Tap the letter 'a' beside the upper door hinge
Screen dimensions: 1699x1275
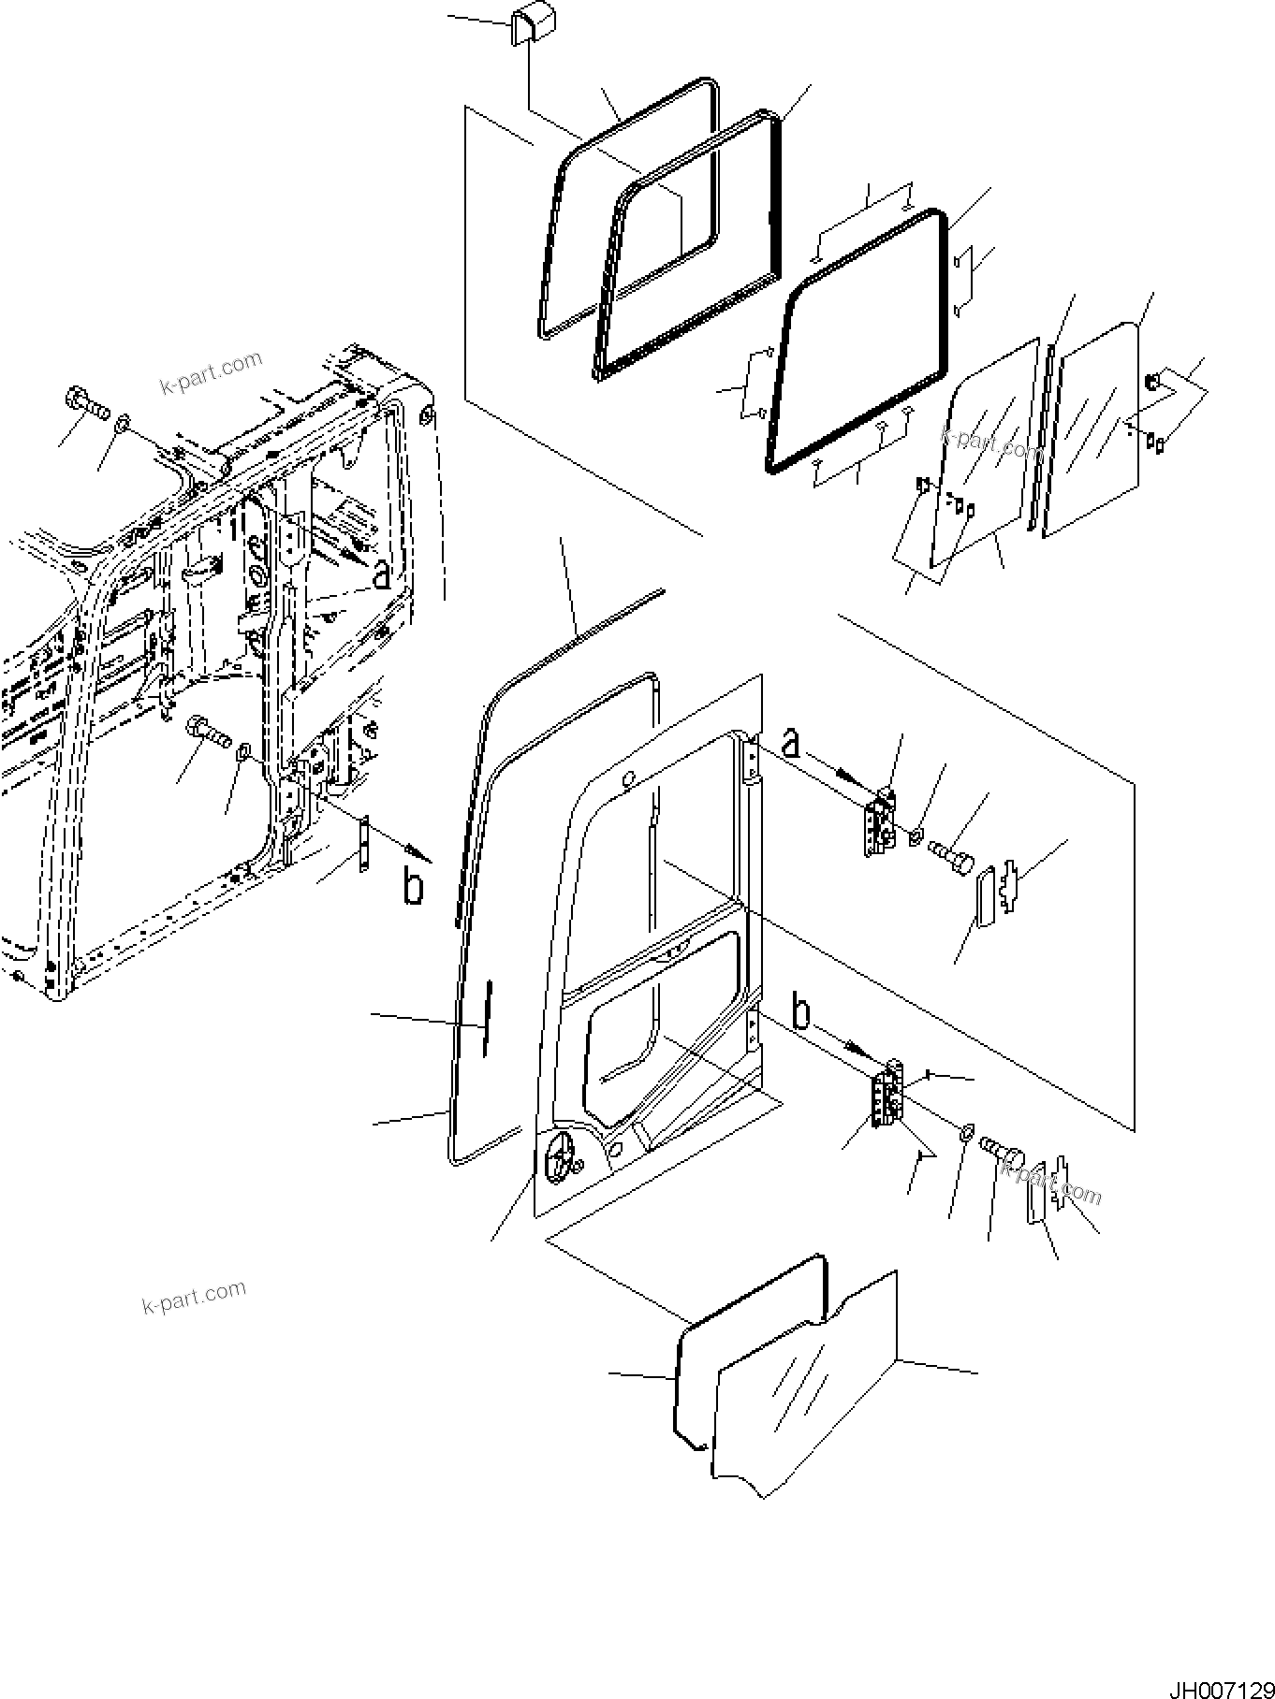click(x=791, y=744)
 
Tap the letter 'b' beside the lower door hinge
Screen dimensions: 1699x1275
click(x=801, y=1014)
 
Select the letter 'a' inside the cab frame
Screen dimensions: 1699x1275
click(x=381, y=574)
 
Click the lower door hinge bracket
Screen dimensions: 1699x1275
click(x=887, y=1095)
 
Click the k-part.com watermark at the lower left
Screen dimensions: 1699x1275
click(x=195, y=1297)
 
